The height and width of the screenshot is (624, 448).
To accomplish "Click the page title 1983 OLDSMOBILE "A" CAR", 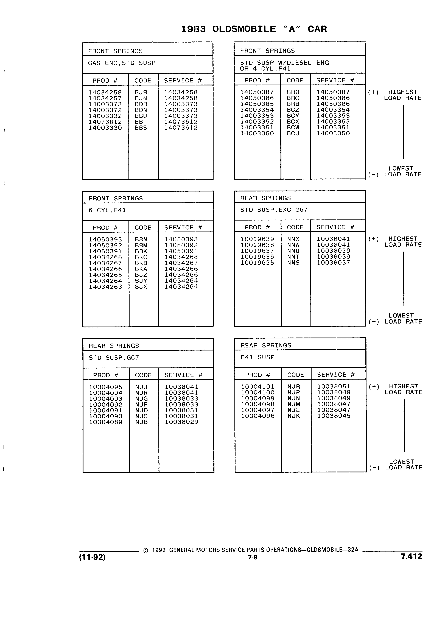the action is click(254, 29).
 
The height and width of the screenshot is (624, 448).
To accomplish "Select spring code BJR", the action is click(141, 92).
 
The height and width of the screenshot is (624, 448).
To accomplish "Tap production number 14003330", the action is click(105, 128).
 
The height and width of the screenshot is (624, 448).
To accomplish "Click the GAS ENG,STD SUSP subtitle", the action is click(122, 63).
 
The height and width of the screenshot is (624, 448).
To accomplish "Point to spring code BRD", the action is click(293, 92).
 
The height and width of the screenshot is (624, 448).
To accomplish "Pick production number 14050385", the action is click(257, 104).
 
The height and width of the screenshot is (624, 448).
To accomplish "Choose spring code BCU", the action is click(293, 133).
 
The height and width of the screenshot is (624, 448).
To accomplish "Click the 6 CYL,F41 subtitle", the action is click(107, 210).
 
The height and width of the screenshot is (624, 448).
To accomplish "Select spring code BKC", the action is click(141, 257).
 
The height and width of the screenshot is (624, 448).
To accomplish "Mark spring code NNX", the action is click(293, 239).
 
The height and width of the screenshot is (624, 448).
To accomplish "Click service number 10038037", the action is click(334, 263).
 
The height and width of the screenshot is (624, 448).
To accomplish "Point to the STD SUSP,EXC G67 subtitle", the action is click(274, 210).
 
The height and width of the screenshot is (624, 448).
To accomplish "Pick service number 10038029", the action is click(181, 422).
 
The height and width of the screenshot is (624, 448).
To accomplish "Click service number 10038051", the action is click(334, 387).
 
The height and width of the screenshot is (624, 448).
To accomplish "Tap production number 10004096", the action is click(258, 416).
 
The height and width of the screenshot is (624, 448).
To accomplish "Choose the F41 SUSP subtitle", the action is click(258, 357).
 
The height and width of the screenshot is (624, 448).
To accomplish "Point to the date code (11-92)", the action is click(92, 557).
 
